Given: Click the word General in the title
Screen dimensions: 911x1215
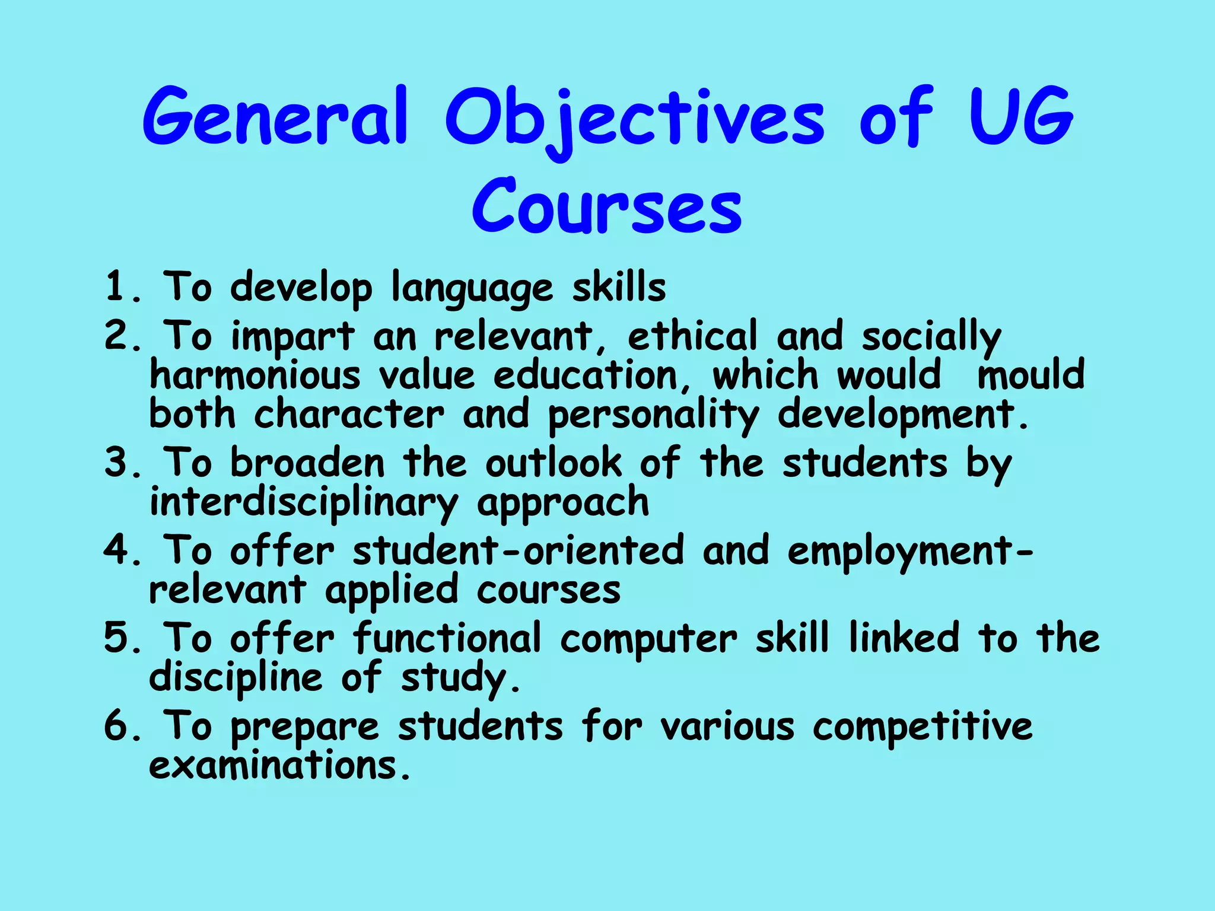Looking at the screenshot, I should point(275,117).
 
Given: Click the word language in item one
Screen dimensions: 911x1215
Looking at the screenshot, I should point(472,289).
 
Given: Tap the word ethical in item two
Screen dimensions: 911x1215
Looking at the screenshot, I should point(692,336).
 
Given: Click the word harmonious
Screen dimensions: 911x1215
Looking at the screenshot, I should point(255,375).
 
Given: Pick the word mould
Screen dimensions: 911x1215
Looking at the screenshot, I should point(1030,375).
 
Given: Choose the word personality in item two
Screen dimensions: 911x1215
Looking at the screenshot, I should point(653,415).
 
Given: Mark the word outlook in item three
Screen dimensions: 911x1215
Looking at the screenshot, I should point(554,463).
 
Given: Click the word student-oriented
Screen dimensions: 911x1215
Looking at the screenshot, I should point(518,550).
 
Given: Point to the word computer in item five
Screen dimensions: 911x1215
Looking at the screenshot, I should point(648,639).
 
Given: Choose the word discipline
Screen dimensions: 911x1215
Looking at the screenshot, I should point(236,677).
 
